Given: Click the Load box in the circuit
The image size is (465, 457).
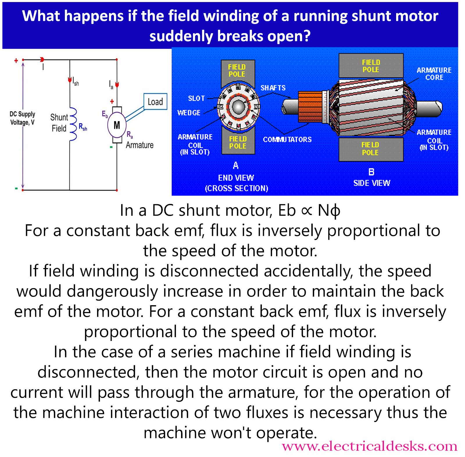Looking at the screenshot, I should click(155, 102).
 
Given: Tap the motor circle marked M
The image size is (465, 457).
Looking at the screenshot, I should click(117, 125).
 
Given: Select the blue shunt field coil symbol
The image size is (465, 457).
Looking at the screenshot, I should click(73, 124).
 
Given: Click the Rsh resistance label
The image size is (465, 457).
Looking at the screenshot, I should click(83, 127).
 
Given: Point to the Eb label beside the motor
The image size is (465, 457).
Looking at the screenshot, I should click(105, 114).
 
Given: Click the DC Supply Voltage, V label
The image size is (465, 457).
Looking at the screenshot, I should click(22, 118).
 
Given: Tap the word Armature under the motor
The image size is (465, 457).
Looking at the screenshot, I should click(139, 145).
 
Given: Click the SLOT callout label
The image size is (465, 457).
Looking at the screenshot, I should click(196, 98).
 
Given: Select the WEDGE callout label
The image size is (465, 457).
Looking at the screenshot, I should click(189, 113).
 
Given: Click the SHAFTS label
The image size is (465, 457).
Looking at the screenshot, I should click(273, 88).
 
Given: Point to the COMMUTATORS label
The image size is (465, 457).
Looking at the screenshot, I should click(287, 139).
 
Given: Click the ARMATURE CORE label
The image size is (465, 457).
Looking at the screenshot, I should click(434, 74).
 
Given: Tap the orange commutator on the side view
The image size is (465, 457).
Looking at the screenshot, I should click(310, 106).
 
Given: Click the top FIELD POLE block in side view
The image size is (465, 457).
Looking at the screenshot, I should click(371, 66).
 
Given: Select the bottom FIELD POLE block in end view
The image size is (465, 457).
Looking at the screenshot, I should click(238, 142).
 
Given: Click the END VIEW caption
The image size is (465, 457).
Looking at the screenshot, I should click(236, 178).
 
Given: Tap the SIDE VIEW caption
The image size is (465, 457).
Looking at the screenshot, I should click(372, 183).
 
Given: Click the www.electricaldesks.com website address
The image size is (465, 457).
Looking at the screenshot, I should click(369, 446).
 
